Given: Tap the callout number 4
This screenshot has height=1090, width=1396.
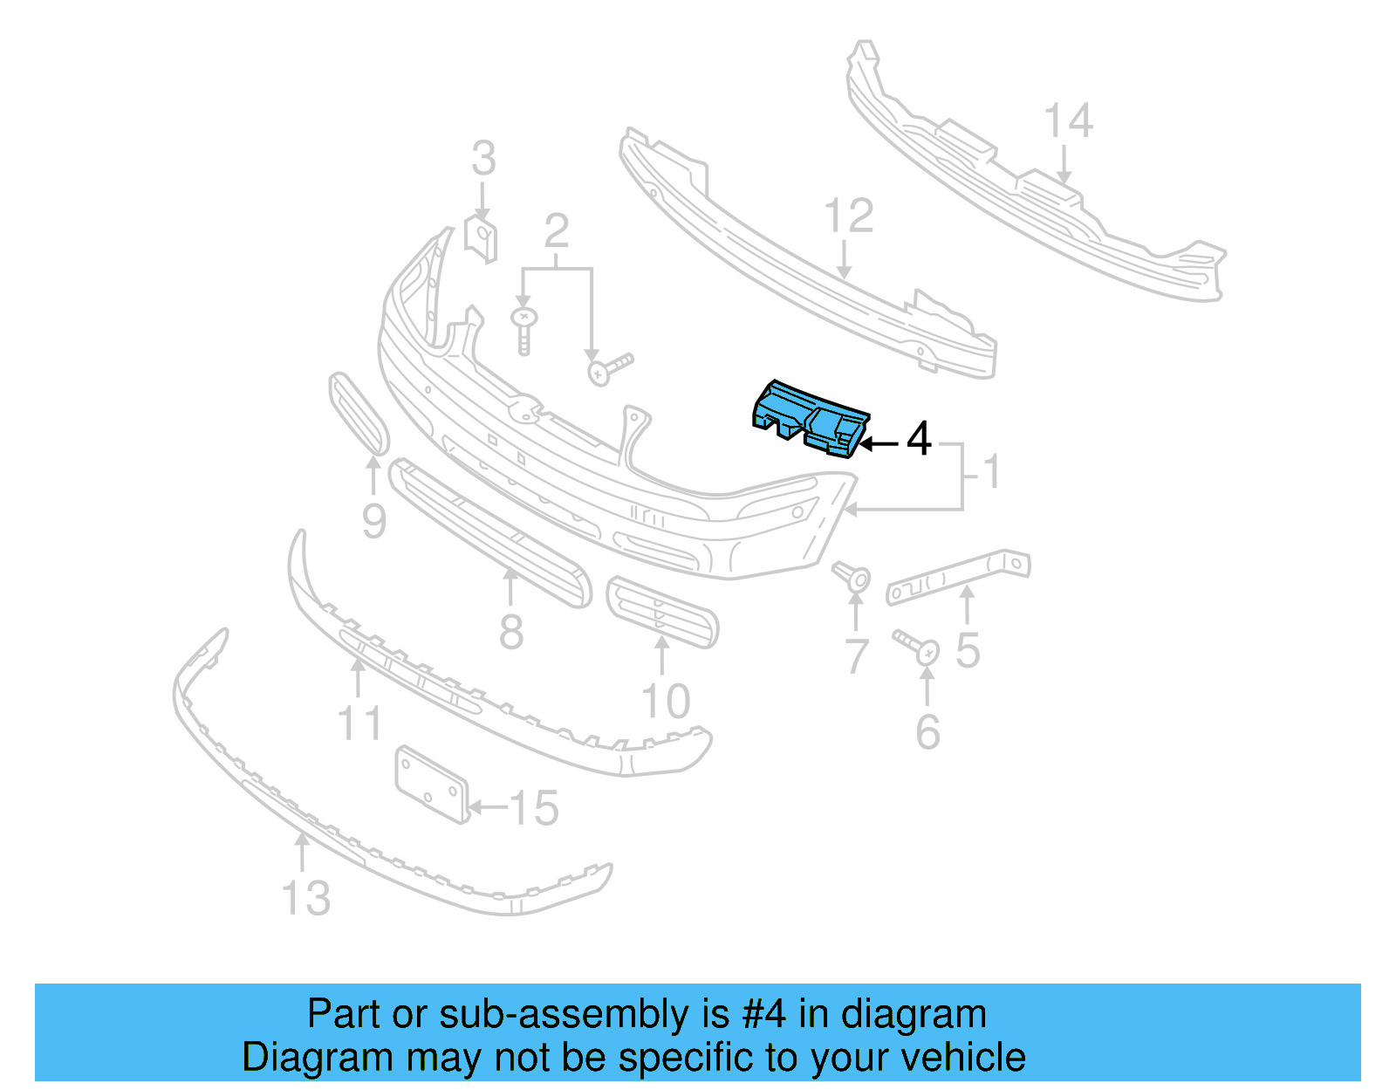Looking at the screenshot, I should (x=919, y=439).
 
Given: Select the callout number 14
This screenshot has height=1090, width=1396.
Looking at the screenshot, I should (x=1068, y=121).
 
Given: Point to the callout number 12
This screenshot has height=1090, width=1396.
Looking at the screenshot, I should (x=848, y=216).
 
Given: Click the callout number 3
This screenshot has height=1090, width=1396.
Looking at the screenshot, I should (x=483, y=159).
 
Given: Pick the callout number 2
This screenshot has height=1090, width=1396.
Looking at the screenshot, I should (x=557, y=231).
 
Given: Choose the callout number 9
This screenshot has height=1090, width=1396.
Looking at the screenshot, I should (x=373, y=521).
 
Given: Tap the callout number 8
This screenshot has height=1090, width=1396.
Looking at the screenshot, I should (x=511, y=631).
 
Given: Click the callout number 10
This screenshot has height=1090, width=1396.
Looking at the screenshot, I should (x=666, y=701).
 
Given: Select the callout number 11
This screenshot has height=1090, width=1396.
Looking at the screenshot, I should (x=359, y=723).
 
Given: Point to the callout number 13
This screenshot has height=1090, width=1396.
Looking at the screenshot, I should (x=306, y=898).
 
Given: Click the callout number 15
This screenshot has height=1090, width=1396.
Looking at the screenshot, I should (x=533, y=808).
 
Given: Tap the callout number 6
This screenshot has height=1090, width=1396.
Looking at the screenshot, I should (x=927, y=731).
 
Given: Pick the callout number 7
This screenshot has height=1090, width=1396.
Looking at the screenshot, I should (x=857, y=656).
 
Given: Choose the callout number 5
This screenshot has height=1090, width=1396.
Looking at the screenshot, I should (x=968, y=650).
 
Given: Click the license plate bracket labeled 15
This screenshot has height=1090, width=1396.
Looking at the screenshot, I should (x=430, y=784).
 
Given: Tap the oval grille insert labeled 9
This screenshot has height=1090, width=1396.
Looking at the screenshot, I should (x=358, y=413).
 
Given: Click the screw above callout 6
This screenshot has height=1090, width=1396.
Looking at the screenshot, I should (x=919, y=647).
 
